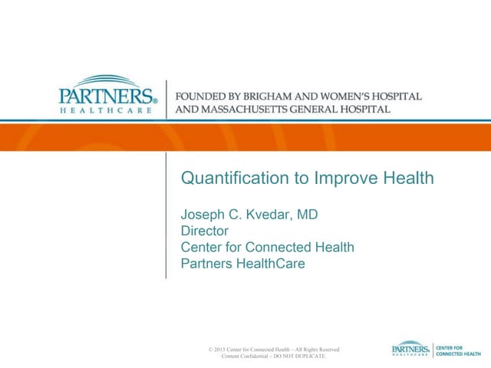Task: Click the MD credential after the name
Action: tap(307, 215)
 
